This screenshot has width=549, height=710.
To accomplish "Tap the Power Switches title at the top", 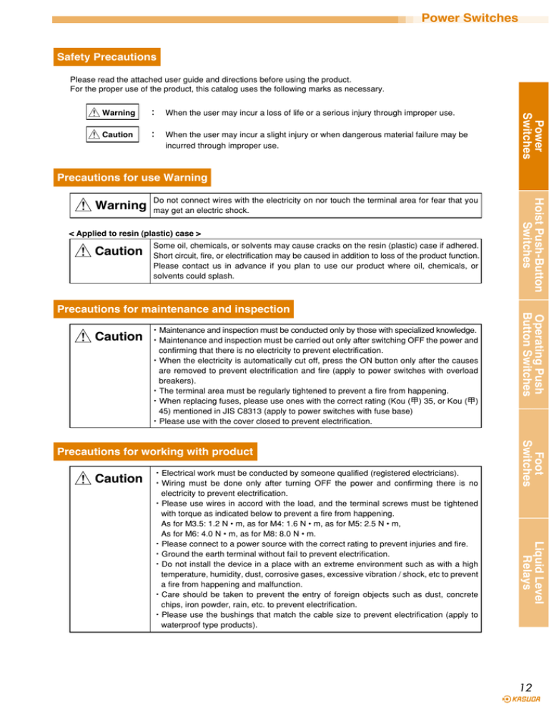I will (470, 16).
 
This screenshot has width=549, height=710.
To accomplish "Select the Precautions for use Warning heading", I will (133, 176).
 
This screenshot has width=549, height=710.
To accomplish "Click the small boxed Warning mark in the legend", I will (109, 113).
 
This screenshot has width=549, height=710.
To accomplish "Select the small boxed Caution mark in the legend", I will (109, 134).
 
